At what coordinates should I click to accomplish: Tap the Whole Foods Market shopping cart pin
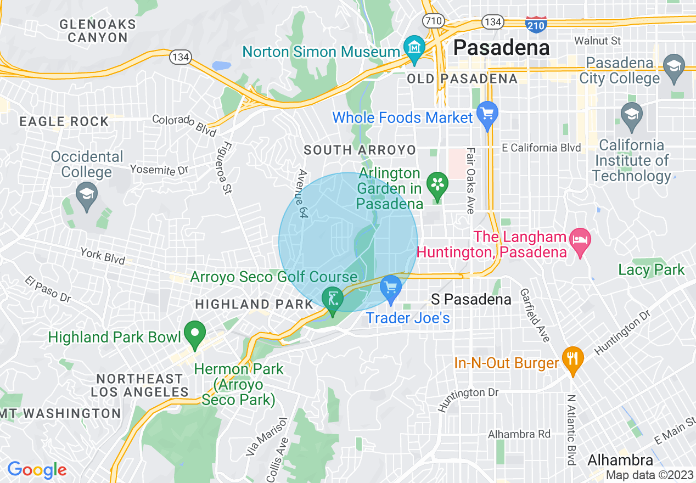(x=486, y=114)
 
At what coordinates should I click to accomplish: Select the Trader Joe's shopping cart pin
(x=391, y=289)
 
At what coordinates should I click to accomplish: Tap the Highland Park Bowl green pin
(x=194, y=334)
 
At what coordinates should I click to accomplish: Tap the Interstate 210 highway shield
(x=536, y=24)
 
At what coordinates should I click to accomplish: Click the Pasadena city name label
(x=502, y=48)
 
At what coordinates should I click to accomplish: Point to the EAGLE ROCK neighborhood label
(x=64, y=122)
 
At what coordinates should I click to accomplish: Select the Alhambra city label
(x=620, y=460)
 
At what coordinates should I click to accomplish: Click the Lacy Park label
(x=652, y=269)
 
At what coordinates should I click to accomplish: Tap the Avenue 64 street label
(x=301, y=194)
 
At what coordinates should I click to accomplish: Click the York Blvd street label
(x=103, y=256)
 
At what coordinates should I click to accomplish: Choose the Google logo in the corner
(x=37, y=470)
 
